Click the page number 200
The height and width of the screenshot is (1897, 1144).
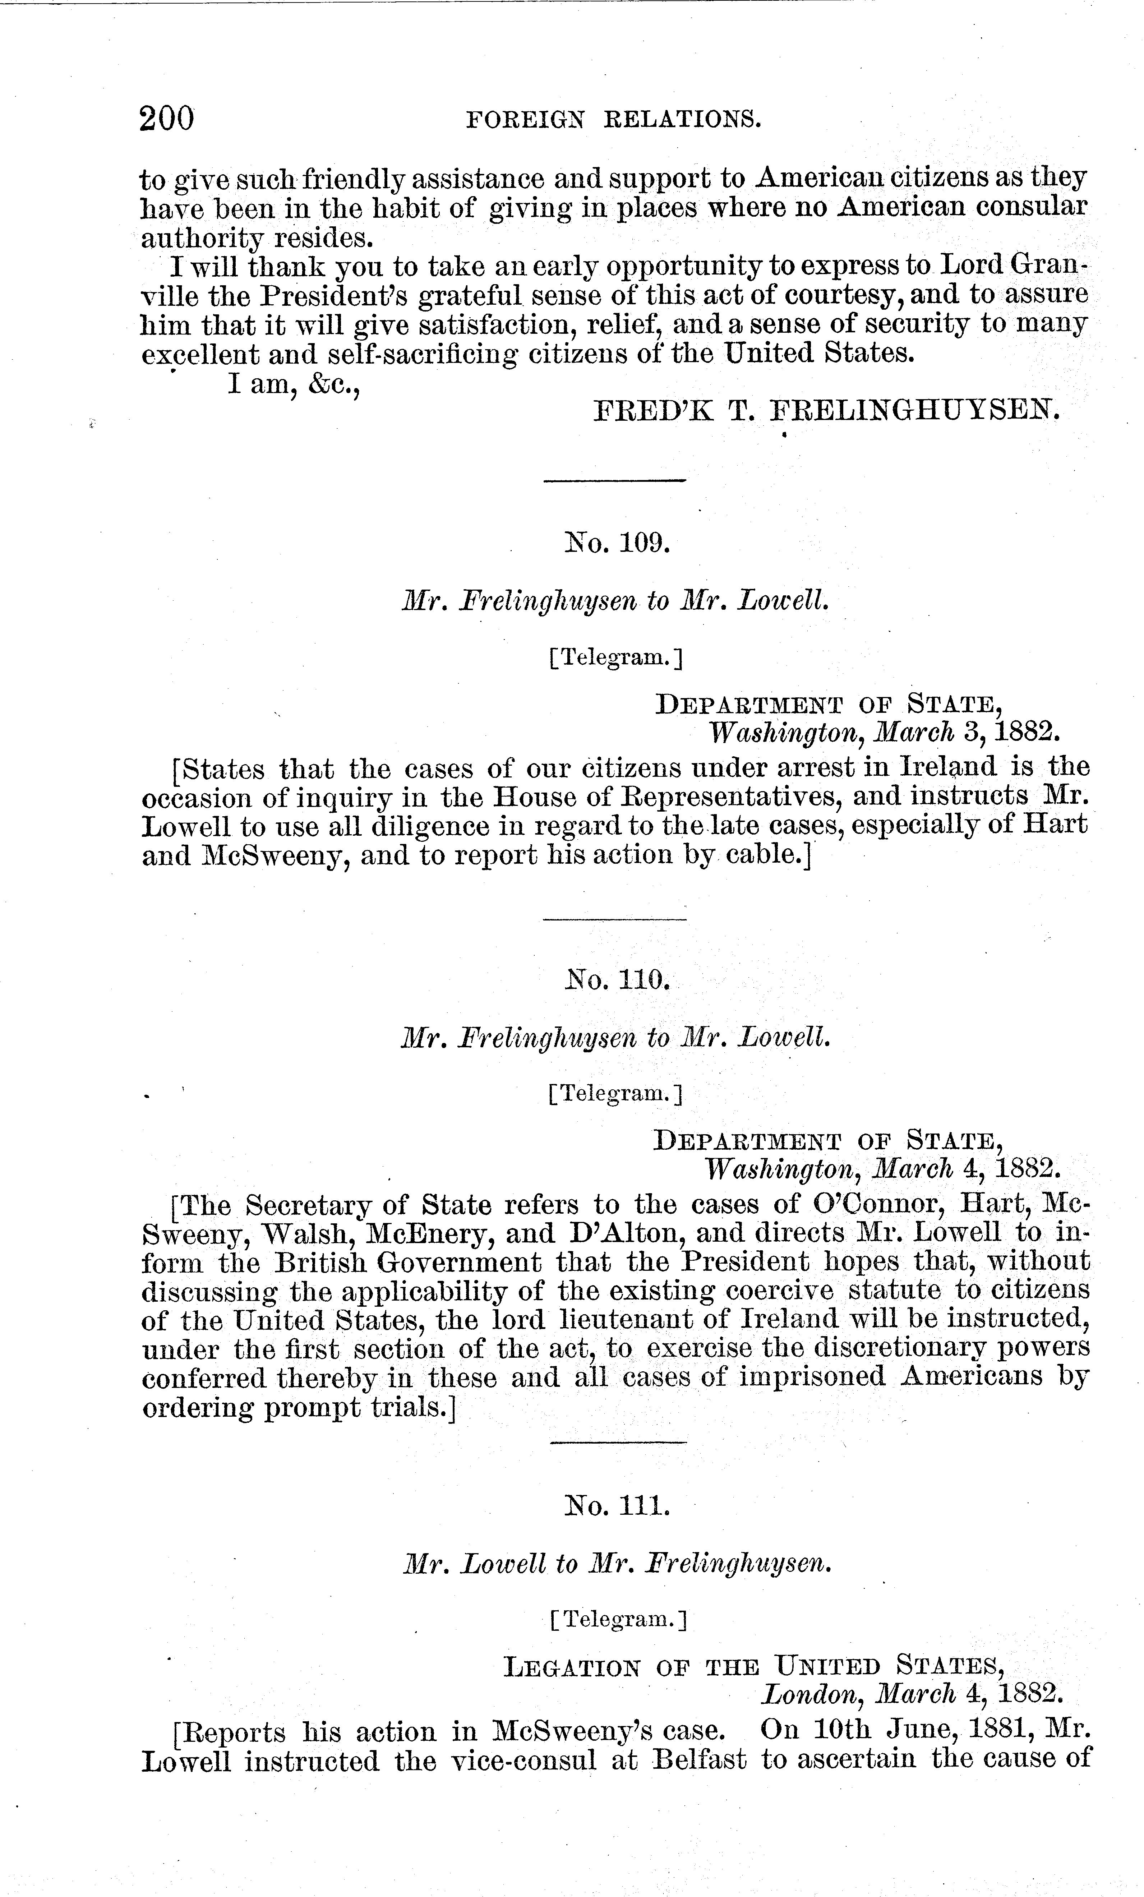click(x=166, y=119)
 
